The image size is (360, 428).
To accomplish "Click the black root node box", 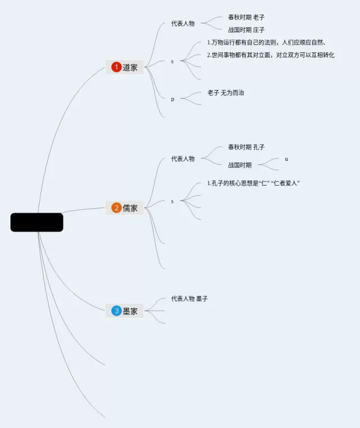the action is tap(37, 222).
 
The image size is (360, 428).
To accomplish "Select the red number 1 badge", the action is tap(116, 67).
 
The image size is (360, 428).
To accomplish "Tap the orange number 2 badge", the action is tap(116, 208).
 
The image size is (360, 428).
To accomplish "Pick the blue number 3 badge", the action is tap(116, 311).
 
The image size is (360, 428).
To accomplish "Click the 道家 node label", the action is tap(130, 67).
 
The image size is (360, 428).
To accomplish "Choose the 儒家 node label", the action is tap(130, 208).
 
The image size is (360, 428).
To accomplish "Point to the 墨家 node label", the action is tap(130, 311).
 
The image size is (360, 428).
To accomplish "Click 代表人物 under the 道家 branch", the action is tap(183, 24).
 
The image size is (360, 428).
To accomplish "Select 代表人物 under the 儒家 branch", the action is tap(183, 159).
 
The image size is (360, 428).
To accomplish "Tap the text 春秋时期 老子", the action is tap(246, 17).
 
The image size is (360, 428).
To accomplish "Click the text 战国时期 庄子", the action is tap(246, 30).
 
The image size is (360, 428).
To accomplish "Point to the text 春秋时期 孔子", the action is tap(246, 147).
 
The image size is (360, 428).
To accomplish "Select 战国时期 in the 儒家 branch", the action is tap(240, 165).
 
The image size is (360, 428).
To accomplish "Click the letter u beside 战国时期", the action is tap(286, 159).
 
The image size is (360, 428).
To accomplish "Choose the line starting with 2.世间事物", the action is tap(271, 55).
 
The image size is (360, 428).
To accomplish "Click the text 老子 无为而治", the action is tap(226, 93).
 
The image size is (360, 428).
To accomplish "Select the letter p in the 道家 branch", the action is tap(173, 100).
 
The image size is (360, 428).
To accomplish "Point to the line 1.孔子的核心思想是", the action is tap(253, 184).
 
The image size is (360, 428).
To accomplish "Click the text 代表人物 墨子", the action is tap(190, 299).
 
